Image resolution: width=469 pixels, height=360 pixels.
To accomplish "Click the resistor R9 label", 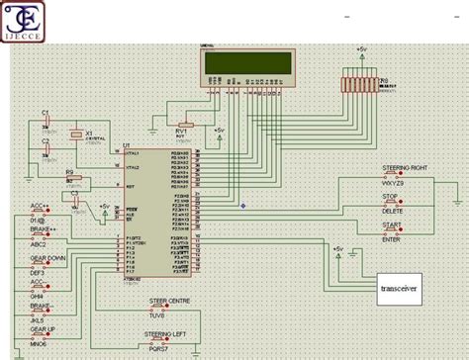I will (68, 172).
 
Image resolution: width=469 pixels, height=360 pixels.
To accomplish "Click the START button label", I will (392, 225).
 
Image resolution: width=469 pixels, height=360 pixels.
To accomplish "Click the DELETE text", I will (393, 210).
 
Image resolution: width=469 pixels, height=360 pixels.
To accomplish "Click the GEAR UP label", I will (44, 327).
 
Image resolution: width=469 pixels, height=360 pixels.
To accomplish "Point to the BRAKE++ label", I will (44, 229).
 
